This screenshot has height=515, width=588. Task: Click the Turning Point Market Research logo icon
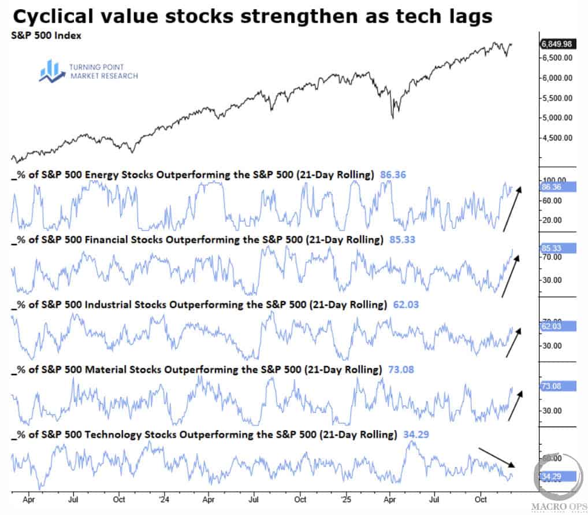point(50,69)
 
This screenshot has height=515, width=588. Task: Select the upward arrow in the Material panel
point(514,404)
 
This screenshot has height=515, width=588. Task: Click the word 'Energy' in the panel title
point(102,174)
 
